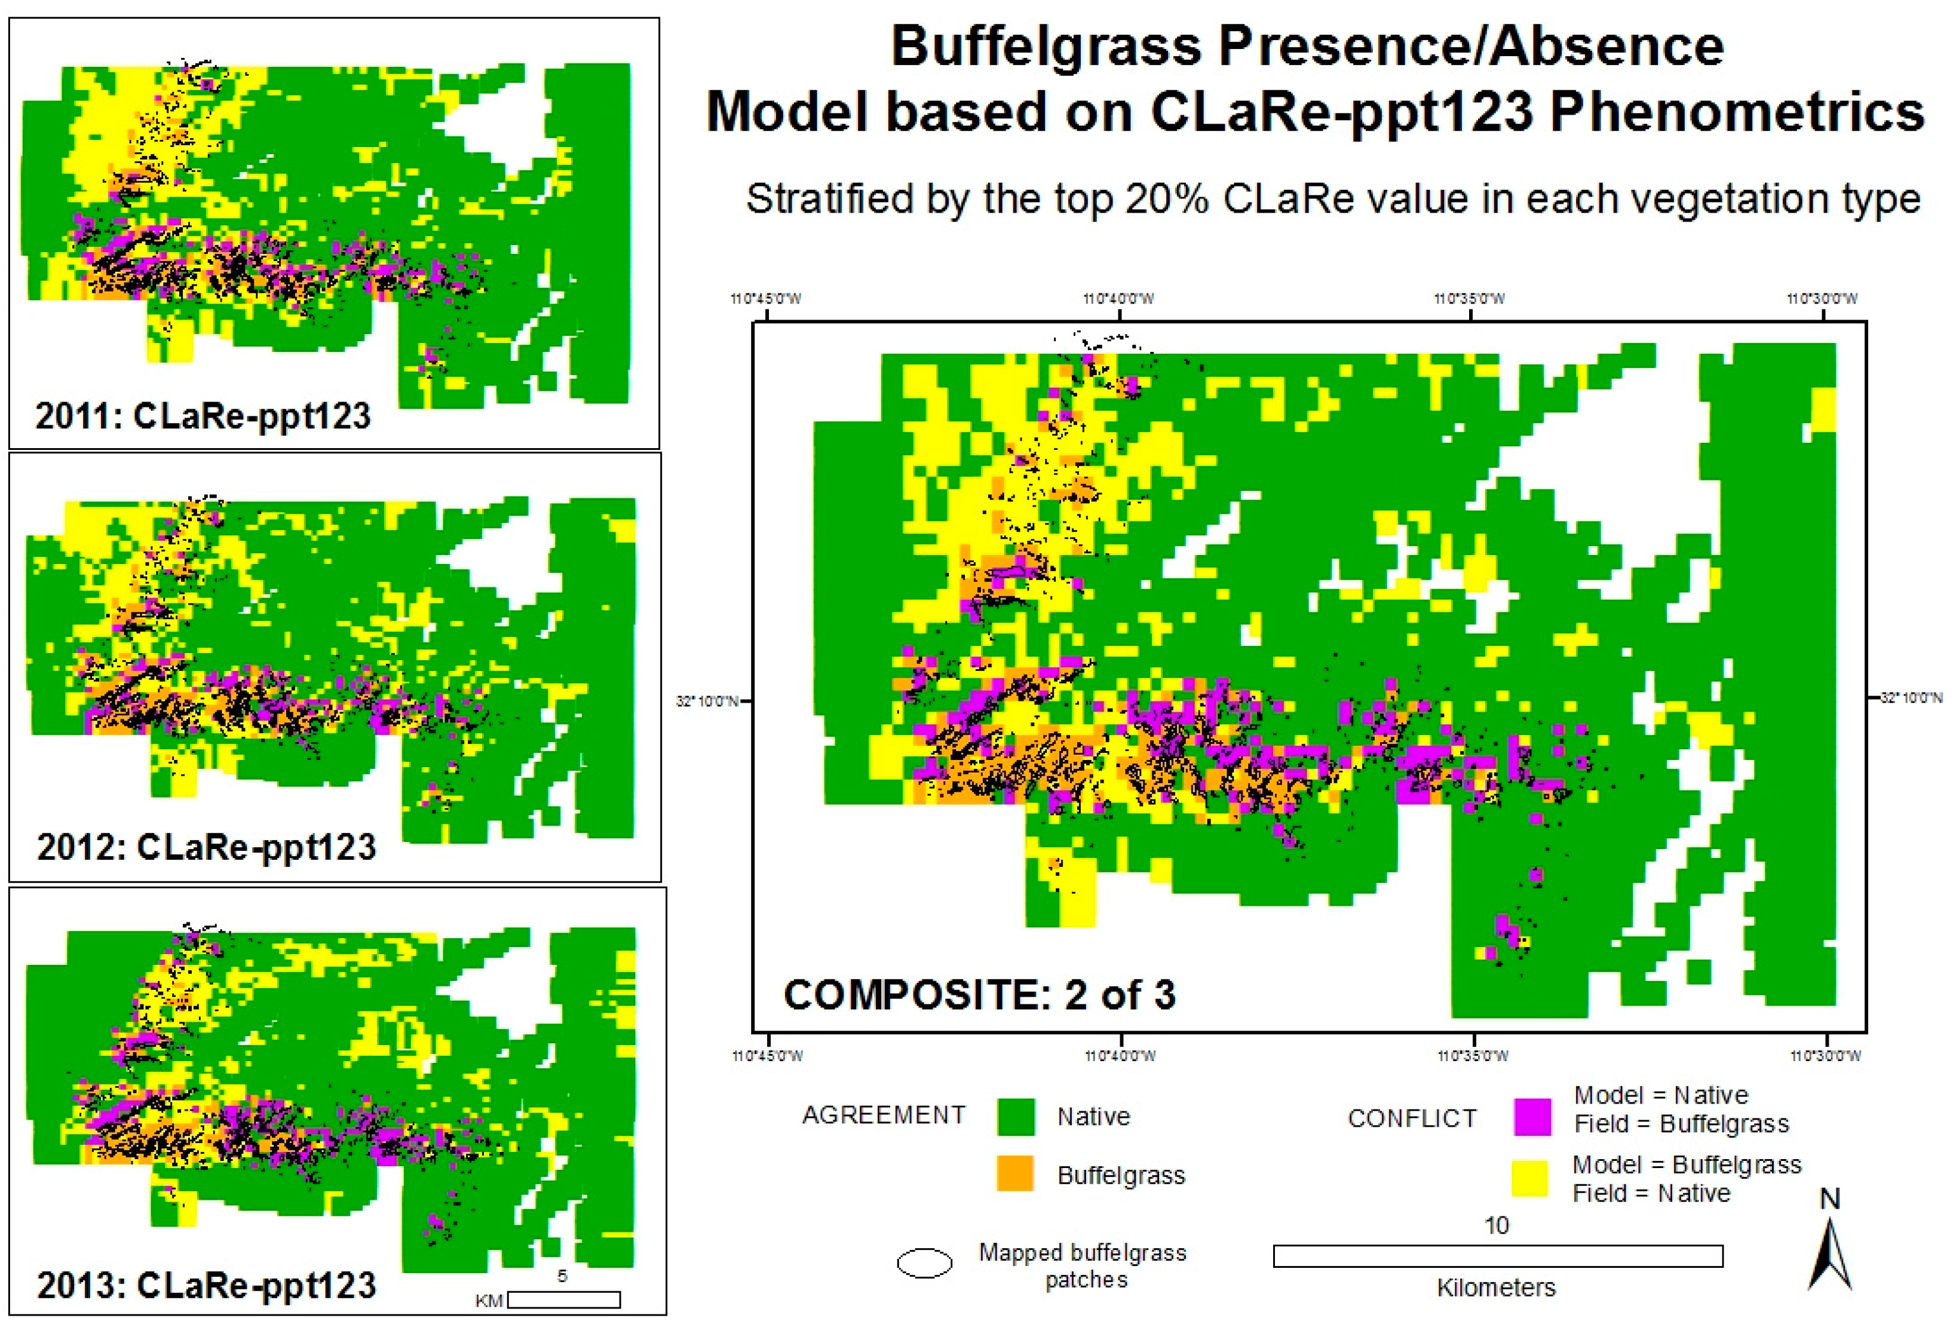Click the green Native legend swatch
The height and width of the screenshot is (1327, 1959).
click(1015, 1116)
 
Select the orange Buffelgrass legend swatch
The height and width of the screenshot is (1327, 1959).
click(1015, 1173)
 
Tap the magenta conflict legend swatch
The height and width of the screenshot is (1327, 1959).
click(1532, 1116)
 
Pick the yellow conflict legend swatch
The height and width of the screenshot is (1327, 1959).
click(1528, 1179)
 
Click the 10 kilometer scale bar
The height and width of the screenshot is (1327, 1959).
click(1497, 1256)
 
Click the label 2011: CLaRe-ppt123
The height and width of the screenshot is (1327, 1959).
click(203, 416)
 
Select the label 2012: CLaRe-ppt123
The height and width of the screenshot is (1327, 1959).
click(207, 847)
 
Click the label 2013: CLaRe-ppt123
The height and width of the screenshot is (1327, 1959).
click(207, 1285)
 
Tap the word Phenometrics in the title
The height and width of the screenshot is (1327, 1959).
click(1737, 111)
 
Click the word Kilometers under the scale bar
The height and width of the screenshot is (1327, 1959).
click(1496, 1288)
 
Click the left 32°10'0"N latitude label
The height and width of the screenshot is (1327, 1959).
click(706, 701)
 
